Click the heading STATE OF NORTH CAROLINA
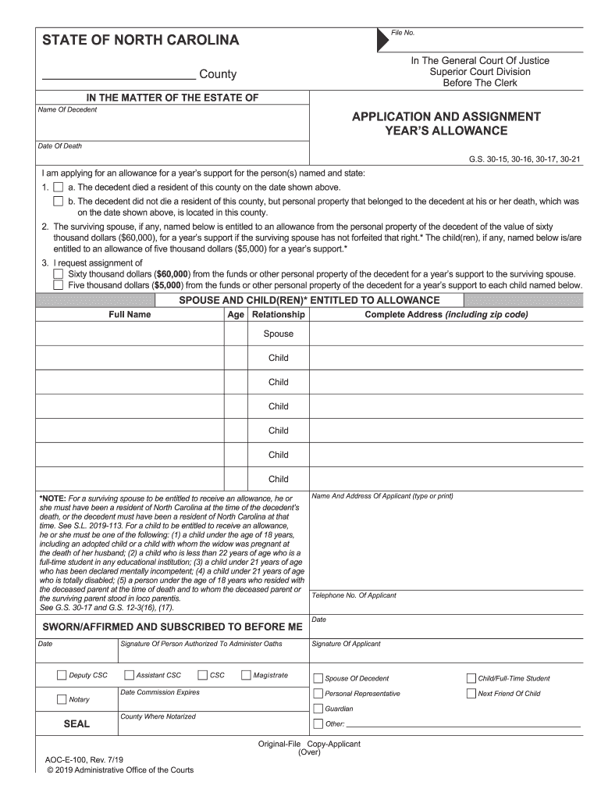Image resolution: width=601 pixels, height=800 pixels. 140,40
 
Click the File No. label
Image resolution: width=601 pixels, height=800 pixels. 403,33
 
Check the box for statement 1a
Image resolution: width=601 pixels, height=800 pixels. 58,187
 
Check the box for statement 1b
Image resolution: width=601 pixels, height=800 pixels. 58,201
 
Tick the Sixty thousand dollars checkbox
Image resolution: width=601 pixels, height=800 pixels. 58,274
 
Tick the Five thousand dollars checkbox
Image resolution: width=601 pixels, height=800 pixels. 58,285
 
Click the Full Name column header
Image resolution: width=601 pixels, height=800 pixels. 130,315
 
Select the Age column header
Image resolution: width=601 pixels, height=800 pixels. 236,315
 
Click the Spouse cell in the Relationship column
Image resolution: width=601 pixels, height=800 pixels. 278,334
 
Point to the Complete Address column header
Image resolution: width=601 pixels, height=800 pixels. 446,315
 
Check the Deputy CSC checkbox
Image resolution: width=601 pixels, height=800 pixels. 62,676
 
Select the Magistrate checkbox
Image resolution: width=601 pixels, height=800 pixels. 246,676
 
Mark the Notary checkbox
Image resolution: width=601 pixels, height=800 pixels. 62,699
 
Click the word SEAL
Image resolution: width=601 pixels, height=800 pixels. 76,723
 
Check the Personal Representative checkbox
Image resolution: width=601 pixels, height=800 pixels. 318,694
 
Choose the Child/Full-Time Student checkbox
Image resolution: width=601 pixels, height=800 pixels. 471,678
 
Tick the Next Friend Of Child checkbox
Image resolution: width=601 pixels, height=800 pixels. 471,694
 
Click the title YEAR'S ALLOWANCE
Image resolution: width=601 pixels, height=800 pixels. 446,130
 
